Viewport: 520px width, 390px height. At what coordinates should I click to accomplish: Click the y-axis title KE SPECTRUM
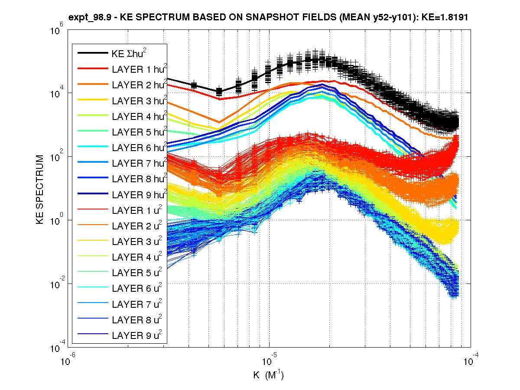[x=40, y=189]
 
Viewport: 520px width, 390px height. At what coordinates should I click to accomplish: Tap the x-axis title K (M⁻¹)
[x=269, y=375]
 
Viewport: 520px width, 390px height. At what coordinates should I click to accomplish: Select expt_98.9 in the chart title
[x=87, y=18]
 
